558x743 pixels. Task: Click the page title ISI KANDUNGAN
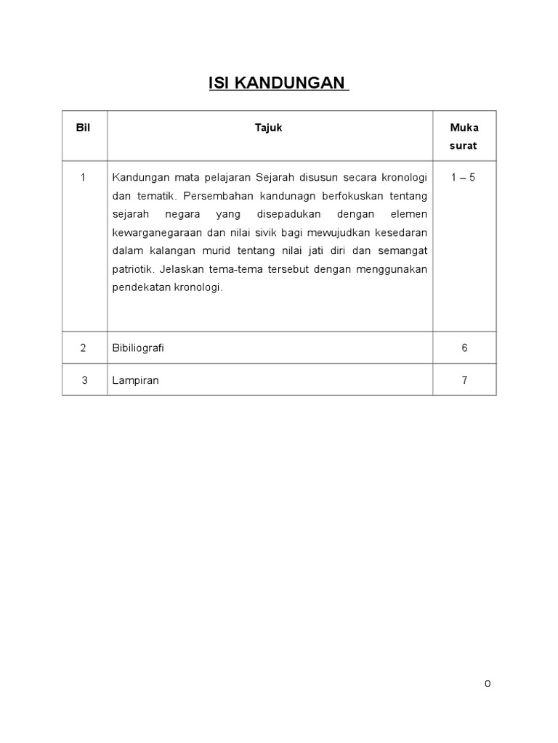tap(278, 83)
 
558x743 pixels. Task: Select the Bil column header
tap(84, 128)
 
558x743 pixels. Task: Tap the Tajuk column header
tap(269, 128)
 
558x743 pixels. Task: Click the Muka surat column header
tap(464, 136)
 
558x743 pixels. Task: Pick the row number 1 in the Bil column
tap(84, 178)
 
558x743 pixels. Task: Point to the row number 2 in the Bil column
tap(84, 348)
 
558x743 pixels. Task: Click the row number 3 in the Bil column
tap(84, 379)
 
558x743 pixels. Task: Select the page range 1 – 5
tap(464, 178)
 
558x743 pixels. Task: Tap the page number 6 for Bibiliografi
tap(464, 348)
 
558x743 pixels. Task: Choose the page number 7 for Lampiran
tap(464, 379)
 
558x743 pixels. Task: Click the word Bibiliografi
tap(138, 348)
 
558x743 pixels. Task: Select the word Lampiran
tap(135, 379)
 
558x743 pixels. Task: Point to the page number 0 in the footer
tap(488, 684)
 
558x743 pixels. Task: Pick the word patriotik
tap(133, 268)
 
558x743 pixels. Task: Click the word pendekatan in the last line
tap(139, 287)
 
